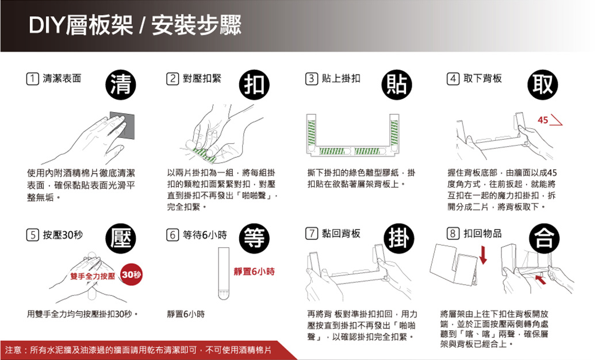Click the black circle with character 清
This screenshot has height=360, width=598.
120,85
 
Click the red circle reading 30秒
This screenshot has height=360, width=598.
131,277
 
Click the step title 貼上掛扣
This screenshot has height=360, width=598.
341,78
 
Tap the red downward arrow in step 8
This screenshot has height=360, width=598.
484,255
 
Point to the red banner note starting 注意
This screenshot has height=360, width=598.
144,350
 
